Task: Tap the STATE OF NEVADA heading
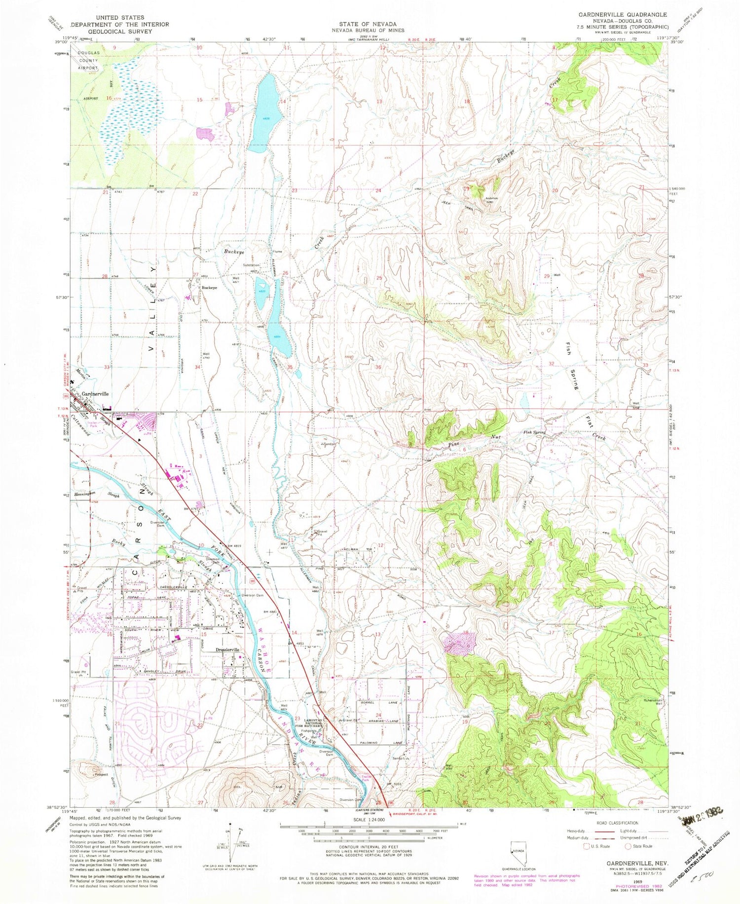[x=368, y=24]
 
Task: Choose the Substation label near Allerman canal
[x=251, y=265]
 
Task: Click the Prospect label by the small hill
[x=102, y=774]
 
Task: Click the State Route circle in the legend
[x=629, y=846]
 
